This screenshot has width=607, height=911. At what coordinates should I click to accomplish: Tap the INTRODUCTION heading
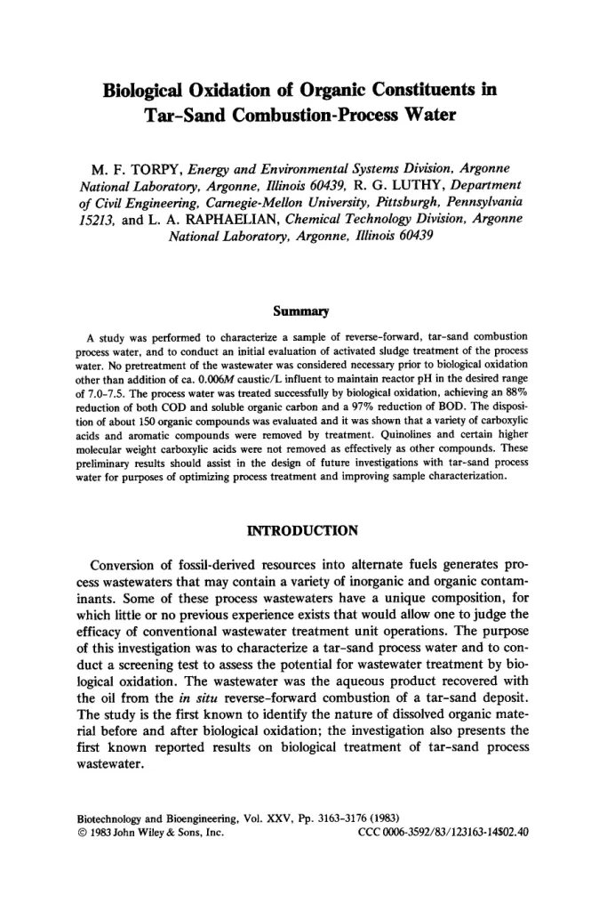click(300, 531)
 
